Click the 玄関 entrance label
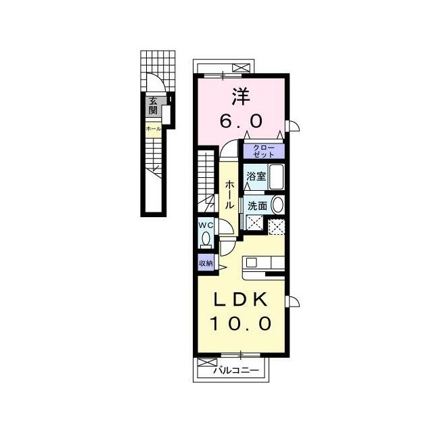pyautogui.click(x=154, y=106)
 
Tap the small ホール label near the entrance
pyautogui.click(x=154, y=129)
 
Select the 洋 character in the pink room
pyautogui.click(x=241, y=96)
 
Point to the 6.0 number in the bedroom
pyautogui.click(x=241, y=121)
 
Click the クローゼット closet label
pyautogui.click(x=264, y=151)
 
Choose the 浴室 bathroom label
pyautogui.click(x=256, y=176)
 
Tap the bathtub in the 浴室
pyautogui.click(x=277, y=177)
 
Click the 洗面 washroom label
pyautogui.click(x=257, y=206)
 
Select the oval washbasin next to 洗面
pyautogui.click(x=278, y=205)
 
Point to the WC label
pyautogui.click(x=206, y=225)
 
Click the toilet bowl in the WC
pyautogui.click(x=206, y=238)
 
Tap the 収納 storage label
pyautogui.click(x=206, y=263)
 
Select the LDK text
pyautogui.click(x=241, y=299)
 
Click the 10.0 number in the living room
pyautogui.click(x=241, y=323)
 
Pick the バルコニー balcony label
pyautogui.click(x=237, y=370)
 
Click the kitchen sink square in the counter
pyautogui.click(x=251, y=263)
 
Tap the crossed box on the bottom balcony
pyautogui.click(x=204, y=363)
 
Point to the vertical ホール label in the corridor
pyautogui.click(x=230, y=195)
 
